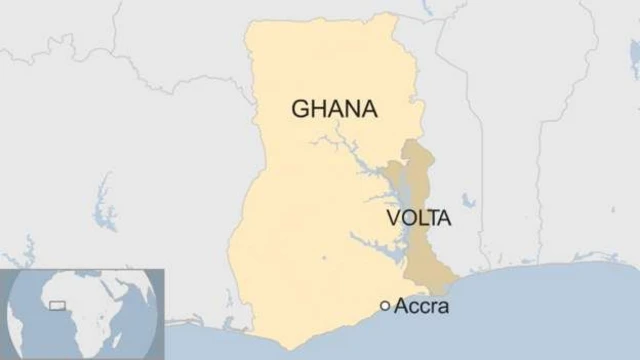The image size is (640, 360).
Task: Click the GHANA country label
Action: click(x=334, y=110)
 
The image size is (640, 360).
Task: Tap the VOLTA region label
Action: click(x=419, y=217)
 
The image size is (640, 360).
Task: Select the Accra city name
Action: click(x=422, y=306)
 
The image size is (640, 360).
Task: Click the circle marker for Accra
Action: click(x=385, y=306)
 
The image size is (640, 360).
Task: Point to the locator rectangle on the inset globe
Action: click(x=58, y=303)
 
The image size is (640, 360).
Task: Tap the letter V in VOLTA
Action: click(x=393, y=217)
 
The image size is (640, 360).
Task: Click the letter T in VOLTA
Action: click(x=431, y=217)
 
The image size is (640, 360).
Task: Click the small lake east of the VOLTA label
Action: click(x=468, y=201)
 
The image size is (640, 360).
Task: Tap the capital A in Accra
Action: click(x=402, y=306)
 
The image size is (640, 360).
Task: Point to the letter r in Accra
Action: click(x=434, y=307)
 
